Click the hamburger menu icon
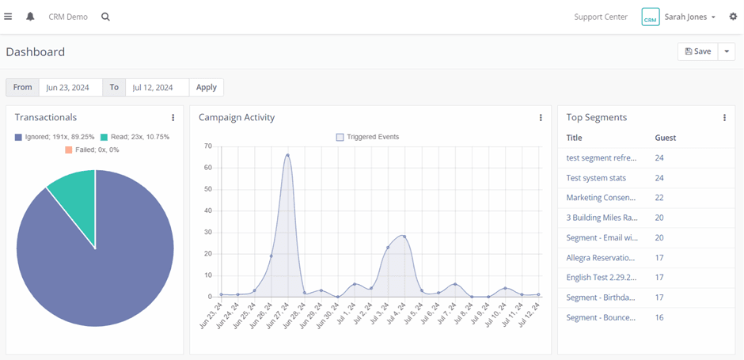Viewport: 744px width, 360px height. pos(8,17)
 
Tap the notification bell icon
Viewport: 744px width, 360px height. pos(30,17)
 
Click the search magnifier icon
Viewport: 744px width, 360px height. pos(106,17)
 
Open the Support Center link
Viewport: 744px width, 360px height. pos(601,17)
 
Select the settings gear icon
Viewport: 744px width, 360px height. pos(733,17)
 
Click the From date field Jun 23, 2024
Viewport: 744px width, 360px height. pos(70,87)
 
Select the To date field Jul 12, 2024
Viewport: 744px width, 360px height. pos(157,87)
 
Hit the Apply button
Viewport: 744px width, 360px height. pos(207,87)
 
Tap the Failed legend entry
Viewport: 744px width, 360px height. pos(92,150)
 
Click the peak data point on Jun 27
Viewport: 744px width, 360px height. pos(287,155)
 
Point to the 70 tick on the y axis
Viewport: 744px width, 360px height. pos(208,146)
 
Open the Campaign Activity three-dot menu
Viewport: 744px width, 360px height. pos(541,118)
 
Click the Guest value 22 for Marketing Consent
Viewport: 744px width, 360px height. pos(659,198)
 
